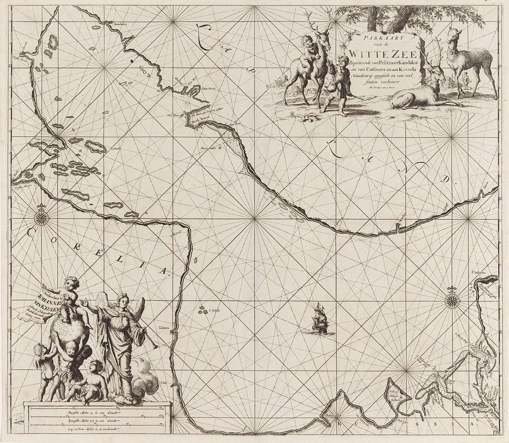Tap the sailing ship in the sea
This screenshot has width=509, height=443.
pos(320,319)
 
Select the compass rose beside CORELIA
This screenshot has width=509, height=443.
pos(41,215)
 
